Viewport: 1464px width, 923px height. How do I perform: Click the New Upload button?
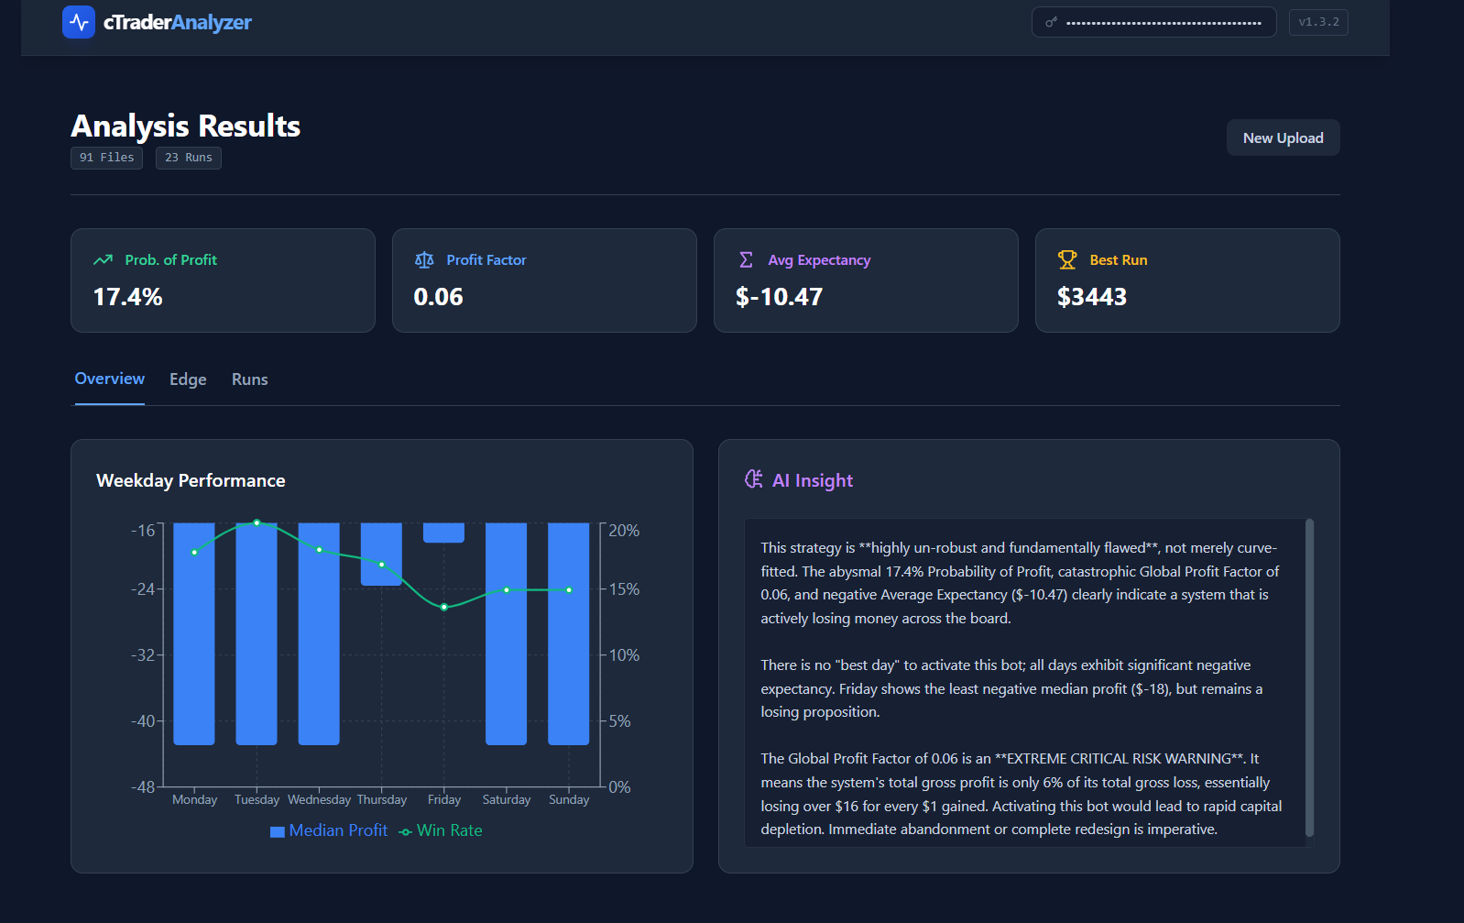tap(1283, 138)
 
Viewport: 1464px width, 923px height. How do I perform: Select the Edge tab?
tap(188, 379)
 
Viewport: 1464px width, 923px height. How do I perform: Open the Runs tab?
tap(249, 379)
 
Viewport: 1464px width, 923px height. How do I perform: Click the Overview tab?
tap(110, 379)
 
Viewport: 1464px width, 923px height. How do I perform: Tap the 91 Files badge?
tap(106, 158)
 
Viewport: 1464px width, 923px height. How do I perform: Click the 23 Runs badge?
tap(189, 158)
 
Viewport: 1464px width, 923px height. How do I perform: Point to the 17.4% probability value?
tap(128, 297)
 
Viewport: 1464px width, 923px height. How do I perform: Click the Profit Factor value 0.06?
tap(439, 297)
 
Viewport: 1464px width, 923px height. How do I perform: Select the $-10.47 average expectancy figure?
tap(780, 297)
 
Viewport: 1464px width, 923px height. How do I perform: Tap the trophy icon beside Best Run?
tap(1067, 260)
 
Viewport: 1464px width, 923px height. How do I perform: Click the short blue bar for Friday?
tap(443, 533)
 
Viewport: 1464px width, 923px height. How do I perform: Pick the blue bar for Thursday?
tap(381, 554)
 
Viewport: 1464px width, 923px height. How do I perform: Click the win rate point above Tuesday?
tap(257, 522)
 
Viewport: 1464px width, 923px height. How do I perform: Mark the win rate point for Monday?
tap(194, 553)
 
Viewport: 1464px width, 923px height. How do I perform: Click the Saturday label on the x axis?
tap(507, 800)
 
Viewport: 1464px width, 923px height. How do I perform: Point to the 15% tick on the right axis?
tap(624, 589)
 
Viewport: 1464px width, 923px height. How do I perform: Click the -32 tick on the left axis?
tap(143, 655)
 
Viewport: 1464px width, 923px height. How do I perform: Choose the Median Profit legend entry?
tap(329, 830)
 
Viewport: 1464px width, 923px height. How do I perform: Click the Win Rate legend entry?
tap(441, 830)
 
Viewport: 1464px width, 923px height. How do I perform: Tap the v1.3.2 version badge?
tap(1318, 22)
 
